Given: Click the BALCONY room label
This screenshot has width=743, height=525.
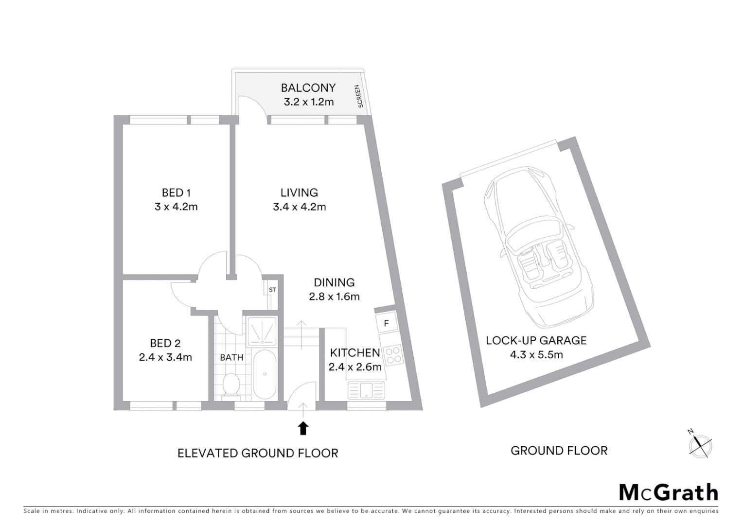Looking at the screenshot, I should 308,88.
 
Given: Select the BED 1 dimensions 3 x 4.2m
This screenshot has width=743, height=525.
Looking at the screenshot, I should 176,207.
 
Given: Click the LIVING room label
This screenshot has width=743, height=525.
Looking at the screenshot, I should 299,192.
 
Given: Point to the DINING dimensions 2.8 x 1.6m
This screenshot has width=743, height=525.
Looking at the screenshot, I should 334,297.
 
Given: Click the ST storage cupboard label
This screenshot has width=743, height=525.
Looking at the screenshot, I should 272,290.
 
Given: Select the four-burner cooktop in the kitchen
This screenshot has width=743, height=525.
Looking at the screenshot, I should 392,355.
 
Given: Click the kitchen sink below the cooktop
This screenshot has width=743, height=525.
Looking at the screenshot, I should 366,390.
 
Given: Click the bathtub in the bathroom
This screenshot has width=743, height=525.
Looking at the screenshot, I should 265,373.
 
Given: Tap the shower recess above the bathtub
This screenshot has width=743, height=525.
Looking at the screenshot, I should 262,331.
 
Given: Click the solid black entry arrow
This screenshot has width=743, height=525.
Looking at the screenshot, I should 303,428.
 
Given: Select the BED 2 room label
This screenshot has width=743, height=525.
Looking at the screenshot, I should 165,344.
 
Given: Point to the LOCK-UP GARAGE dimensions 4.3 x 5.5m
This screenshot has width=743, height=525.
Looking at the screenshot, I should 536,355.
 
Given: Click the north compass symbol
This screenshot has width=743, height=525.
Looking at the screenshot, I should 700,445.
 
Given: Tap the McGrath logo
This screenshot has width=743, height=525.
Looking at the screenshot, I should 668,492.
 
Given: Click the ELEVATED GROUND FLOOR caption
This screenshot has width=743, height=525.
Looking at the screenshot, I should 258,454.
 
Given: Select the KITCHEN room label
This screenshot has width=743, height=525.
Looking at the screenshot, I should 355,352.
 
